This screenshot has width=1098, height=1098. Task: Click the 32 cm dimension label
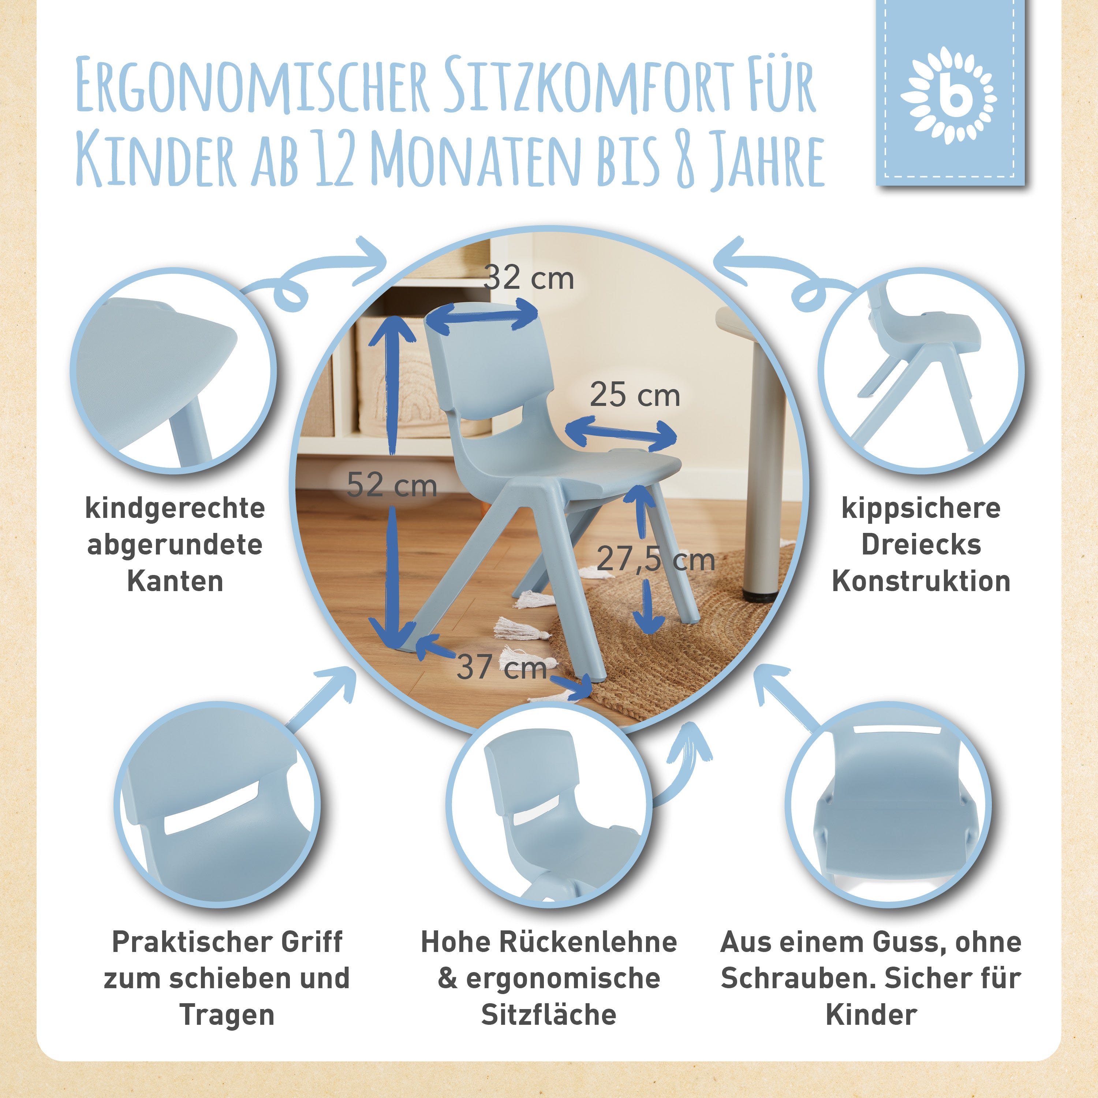coord(529,279)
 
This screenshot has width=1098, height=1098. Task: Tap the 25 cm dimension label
coord(635,395)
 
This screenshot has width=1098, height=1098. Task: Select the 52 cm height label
coord(392,485)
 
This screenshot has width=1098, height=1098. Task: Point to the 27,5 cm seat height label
coord(655,560)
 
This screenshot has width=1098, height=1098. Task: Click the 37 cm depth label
coord(502,666)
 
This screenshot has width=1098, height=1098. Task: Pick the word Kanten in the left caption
coord(175,581)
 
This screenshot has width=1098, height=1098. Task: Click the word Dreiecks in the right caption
coord(921,545)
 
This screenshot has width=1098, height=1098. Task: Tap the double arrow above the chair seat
coord(621,433)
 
